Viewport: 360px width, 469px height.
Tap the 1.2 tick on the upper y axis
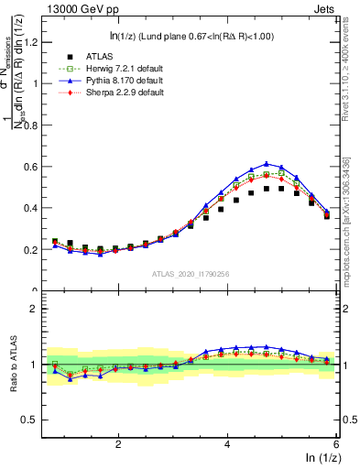(x=33, y=41)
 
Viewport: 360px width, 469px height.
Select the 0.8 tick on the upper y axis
(x=33, y=125)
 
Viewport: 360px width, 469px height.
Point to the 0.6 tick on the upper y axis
(x=33, y=167)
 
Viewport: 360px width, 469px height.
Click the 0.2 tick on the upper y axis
(x=33, y=249)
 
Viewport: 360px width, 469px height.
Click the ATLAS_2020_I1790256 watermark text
(x=192, y=273)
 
